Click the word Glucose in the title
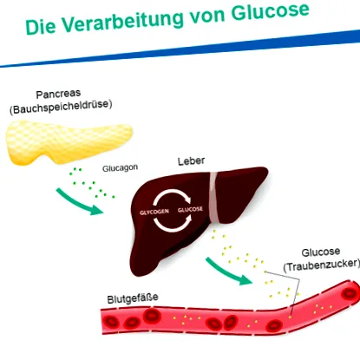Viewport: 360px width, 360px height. click(x=271, y=11)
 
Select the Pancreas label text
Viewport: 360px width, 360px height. click(x=58, y=94)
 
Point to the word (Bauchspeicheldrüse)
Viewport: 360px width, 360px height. click(x=61, y=107)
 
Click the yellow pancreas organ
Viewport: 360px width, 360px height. click(x=69, y=142)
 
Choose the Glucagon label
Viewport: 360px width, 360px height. click(x=120, y=168)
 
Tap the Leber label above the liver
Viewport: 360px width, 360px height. click(x=191, y=161)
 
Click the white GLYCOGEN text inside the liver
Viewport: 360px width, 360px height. click(x=154, y=213)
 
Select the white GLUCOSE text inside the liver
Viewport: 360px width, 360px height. click(x=190, y=209)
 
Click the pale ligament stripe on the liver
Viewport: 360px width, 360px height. click(x=214, y=198)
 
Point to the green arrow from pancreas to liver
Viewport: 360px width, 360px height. click(x=79, y=202)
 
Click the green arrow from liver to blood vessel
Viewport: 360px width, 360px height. click(x=228, y=272)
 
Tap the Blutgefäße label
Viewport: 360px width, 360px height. click(x=133, y=298)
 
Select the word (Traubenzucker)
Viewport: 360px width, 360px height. click(x=321, y=265)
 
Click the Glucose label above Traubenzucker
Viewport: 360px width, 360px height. click(x=321, y=252)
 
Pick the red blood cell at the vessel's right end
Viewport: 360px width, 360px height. click(x=350, y=294)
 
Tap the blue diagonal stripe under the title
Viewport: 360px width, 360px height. click(x=180, y=49)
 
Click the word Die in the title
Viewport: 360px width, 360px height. click(x=41, y=28)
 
